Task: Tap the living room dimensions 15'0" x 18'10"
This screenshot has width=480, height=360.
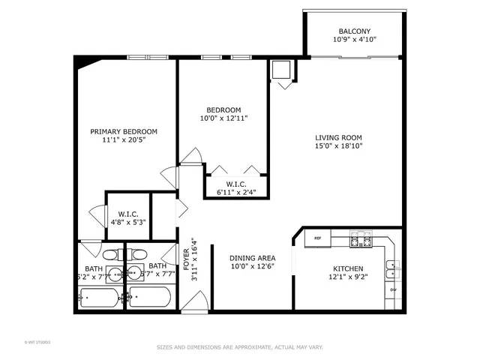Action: click(x=338, y=147)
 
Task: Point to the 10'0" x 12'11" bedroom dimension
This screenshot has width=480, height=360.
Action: click(x=223, y=118)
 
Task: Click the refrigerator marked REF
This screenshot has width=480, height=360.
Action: click(x=317, y=239)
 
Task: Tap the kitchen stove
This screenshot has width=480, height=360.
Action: click(x=360, y=239)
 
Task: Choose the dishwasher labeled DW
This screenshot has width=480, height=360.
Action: click(x=393, y=289)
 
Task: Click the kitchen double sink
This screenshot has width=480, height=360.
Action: click(x=393, y=265)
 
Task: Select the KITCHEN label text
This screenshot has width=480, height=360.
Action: click(x=348, y=268)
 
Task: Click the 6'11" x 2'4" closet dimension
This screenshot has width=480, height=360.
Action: click(x=235, y=192)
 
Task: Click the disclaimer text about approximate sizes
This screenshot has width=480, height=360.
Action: click(x=239, y=347)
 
